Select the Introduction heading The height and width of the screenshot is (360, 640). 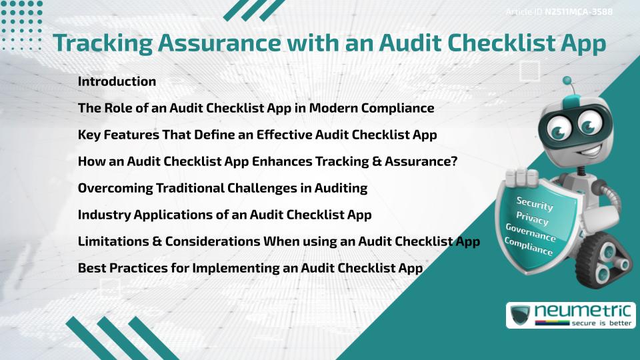(117, 81)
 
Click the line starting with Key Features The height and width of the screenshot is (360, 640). (257, 135)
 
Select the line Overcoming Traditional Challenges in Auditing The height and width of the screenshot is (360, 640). (222, 188)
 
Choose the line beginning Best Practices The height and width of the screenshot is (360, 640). (250, 268)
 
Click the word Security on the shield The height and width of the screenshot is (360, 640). (535, 203)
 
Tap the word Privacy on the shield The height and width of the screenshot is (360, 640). (532, 219)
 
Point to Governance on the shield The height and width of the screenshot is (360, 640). (530, 233)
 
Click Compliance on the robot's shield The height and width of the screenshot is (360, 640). (528, 247)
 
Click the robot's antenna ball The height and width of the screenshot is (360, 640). (567, 81)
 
